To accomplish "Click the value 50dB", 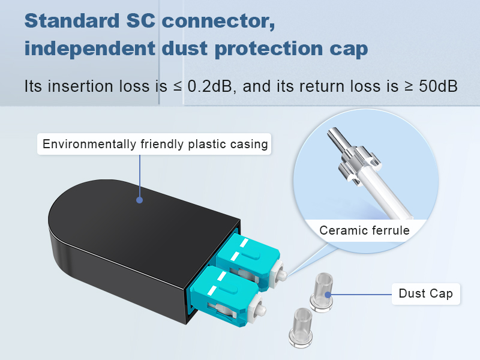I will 439,86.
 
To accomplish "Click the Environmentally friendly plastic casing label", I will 155,144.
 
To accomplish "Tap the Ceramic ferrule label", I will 364,230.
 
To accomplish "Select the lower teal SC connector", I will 225,294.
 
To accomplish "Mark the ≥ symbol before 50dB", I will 409,86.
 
